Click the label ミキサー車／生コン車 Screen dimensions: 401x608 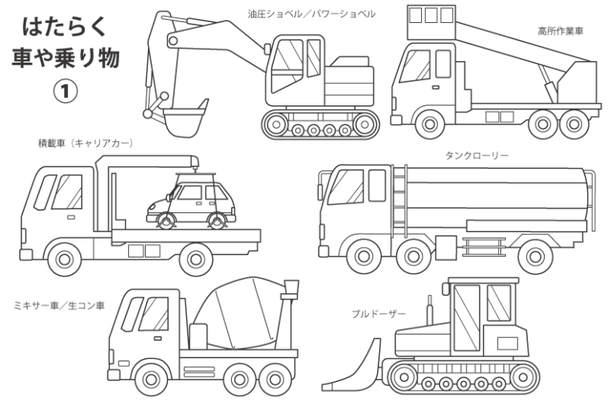coord(59,304)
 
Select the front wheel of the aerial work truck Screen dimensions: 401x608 coord(431,123)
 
